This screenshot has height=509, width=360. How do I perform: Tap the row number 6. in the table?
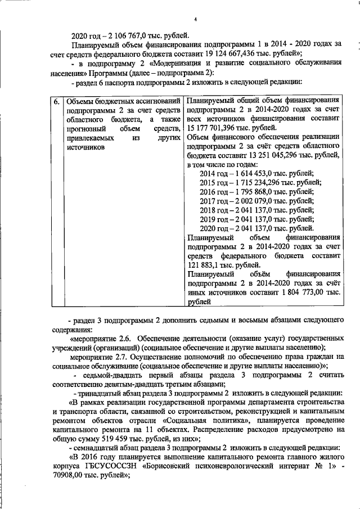(x=56, y=101)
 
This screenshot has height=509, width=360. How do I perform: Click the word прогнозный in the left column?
(x=84, y=129)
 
